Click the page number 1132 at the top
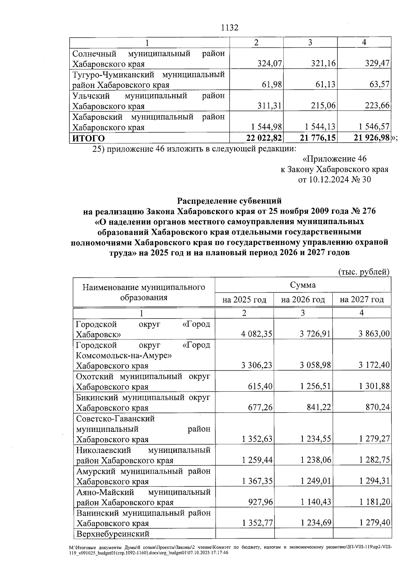(x=230, y=28)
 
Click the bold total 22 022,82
(x=264, y=138)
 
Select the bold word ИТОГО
(x=88, y=138)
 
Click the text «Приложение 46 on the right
(x=334, y=159)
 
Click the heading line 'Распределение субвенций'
(x=229, y=201)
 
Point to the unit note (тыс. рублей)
(x=364, y=272)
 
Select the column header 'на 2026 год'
(x=303, y=300)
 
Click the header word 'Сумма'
(x=303, y=285)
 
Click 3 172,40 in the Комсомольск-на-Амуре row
(x=374, y=365)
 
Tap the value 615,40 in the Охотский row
(x=260, y=386)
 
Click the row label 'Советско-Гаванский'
(x=115, y=418)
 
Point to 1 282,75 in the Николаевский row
(x=374, y=460)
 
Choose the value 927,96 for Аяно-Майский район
(x=261, y=502)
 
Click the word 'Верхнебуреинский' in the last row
(x=113, y=534)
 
